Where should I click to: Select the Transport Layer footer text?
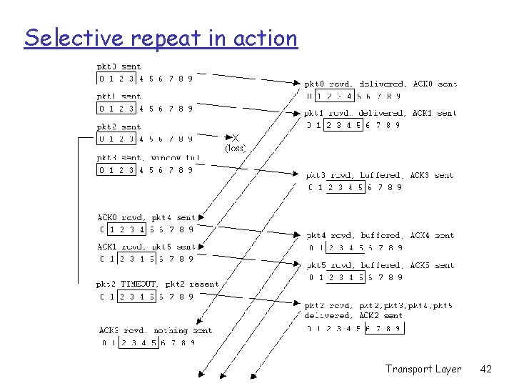click(423, 369)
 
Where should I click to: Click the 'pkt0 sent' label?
click(119, 67)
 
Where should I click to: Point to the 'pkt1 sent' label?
click(119, 96)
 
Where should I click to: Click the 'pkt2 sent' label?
click(119, 127)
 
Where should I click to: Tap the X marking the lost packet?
click(236, 138)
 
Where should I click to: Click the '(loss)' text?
click(236, 148)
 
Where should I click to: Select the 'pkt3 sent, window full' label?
click(148, 158)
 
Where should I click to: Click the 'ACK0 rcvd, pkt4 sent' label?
click(146, 218)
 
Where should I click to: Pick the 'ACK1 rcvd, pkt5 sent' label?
click(146, 247)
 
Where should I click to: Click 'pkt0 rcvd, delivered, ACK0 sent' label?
click(381, 84)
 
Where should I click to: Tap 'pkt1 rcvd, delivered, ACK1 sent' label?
click(381, 113)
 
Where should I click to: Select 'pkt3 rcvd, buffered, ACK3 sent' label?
click(380, 175)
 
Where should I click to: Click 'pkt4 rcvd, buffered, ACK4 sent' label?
click(380, 235)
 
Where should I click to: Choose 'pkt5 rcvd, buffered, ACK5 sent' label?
click(380, 265)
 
